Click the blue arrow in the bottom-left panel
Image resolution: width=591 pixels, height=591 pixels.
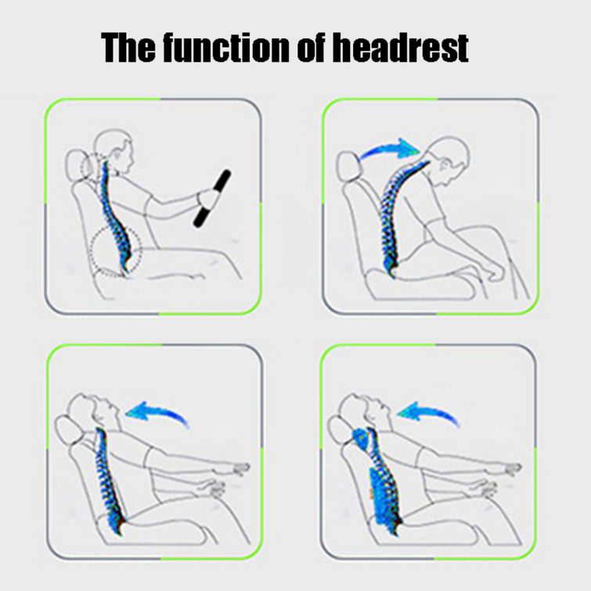(x=160, y=412)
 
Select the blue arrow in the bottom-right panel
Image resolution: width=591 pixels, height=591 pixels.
(x=431, y=413)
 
